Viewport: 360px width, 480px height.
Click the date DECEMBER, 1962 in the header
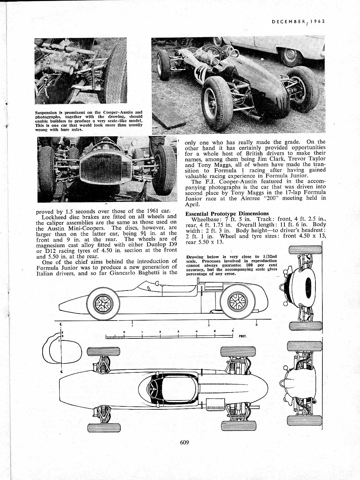pyautogui.click(x=298, y=21)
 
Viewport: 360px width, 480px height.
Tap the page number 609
pyautogui.click(x=184, y=442)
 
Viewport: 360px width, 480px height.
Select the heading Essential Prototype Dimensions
pyautogui.click(x=227, y=214)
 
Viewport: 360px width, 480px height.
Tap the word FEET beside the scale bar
pyautogui.click(x=243, y=337)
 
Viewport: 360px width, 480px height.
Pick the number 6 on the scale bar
pyautogui.click(x=233, y=331)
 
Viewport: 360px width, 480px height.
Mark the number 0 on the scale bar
pyautogui.click(x=124, y=331)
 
